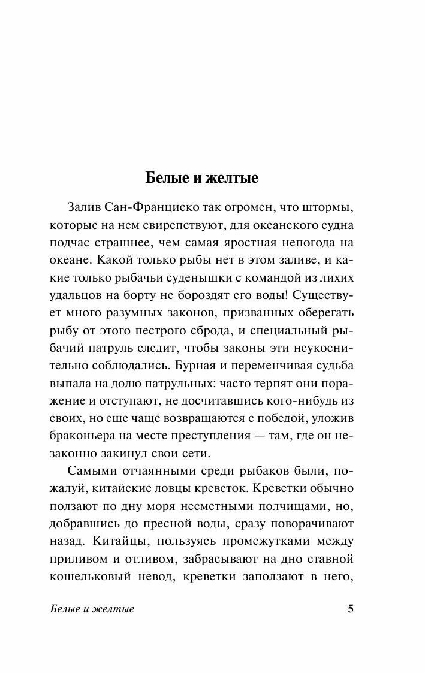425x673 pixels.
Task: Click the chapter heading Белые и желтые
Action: click(201, 179)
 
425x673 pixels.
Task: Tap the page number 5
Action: click(351, 609)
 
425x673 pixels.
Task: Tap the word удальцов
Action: click(70, 296)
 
